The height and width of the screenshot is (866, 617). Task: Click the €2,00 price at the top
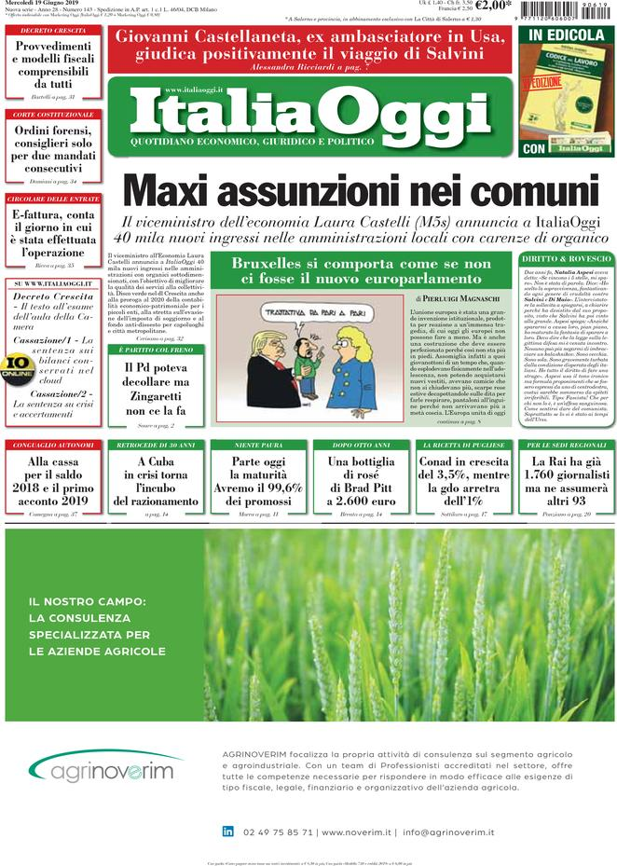[x=493, y=6]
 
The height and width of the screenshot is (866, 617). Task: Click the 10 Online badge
[x=17, y=365]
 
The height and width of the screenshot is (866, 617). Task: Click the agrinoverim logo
[x=102, y=770]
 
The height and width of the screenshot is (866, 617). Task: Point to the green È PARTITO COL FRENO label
[x=149, y=349]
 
